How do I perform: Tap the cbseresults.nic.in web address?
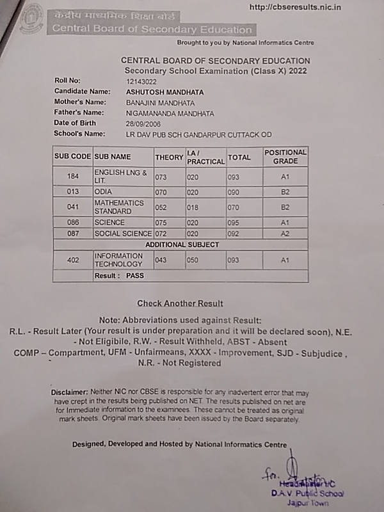[294, 7]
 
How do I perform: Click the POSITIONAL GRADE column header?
[285, 156]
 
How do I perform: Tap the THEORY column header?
[169, 157]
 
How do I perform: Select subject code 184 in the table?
[72, 177]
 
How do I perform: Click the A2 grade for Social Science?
[285, 234]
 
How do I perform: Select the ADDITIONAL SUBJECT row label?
[182, 244]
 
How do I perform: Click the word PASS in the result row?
[135, 276]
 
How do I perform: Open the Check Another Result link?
[180, 303]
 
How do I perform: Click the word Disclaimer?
[68, 392]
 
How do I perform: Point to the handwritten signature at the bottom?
[291, 470]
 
